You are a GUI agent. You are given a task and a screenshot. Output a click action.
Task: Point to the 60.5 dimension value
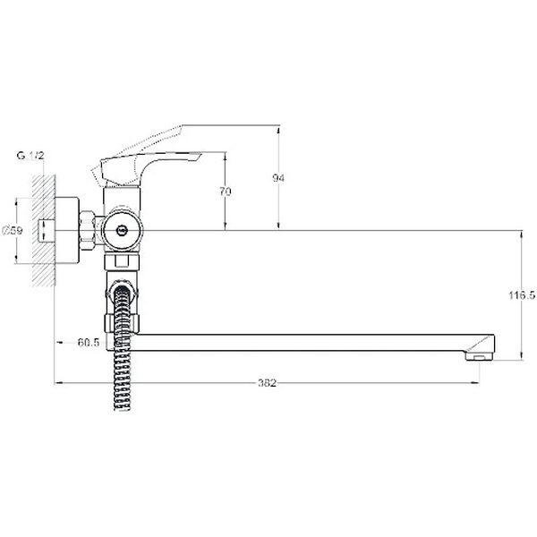click(88, 342)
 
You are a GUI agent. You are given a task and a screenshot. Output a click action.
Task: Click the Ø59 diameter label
click(13, 231)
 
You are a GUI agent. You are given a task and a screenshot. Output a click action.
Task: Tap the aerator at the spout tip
click(480, 355)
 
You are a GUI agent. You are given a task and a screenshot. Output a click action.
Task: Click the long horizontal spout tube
click(295, 342)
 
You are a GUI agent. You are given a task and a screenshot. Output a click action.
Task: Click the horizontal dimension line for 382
click(179, 383)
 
